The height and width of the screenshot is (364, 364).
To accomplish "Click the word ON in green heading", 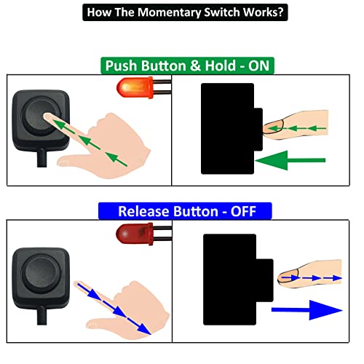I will click(x=259, y=66).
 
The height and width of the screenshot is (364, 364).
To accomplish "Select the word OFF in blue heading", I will click(x=254, y=212).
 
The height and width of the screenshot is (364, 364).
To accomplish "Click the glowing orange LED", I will click(x=128, y=90).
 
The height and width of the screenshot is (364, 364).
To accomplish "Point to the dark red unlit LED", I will click(x=127, y=235).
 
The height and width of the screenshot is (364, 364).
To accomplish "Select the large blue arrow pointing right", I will click(x=306, y=311).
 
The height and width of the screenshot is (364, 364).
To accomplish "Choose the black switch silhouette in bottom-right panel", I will click(x=230, y=279).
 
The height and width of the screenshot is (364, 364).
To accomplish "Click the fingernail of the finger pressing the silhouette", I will click(x=272, y=128).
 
